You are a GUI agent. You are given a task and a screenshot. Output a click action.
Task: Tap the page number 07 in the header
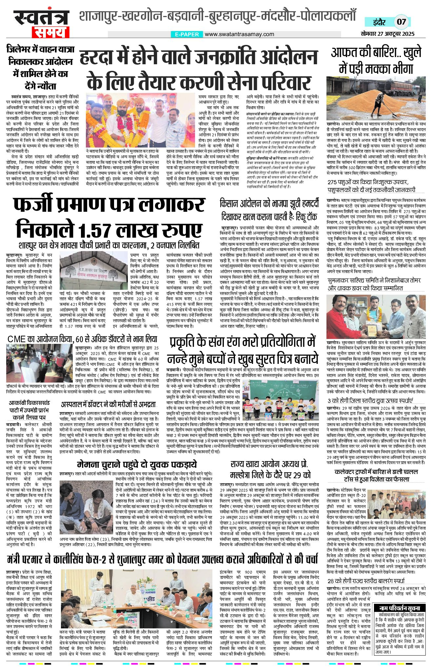[401, 22]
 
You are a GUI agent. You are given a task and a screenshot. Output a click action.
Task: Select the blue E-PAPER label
[187, 34]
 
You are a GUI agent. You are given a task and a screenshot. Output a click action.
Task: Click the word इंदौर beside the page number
[379, 22]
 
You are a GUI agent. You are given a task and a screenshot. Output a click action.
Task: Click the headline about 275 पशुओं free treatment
[371, 186]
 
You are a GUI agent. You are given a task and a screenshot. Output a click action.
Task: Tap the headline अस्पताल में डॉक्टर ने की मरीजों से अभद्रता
[108, 404]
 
